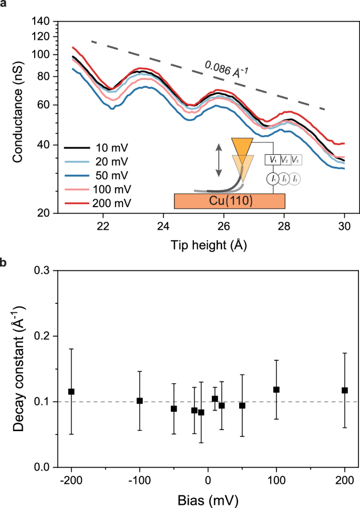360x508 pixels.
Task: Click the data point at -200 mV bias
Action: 71,391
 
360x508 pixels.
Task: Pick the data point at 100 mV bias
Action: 276,390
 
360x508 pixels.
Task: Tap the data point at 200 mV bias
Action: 345,390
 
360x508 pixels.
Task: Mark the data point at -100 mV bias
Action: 140,401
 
